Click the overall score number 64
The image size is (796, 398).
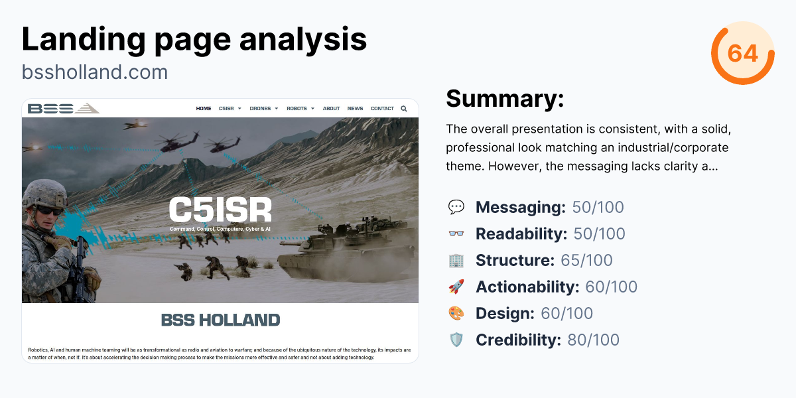[743, 53]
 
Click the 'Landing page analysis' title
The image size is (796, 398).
[194, 39]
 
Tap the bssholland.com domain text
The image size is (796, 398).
[95, 72]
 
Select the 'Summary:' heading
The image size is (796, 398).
[504, 98]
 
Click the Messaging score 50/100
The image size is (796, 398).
[598, 207]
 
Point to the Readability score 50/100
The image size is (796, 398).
[599, 233]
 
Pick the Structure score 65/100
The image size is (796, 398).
[586, 260]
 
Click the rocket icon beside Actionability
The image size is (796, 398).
[456, 287]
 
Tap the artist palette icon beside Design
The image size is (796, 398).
[456, 313]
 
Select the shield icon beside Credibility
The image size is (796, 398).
[456, 340]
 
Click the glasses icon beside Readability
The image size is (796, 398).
[456, 233]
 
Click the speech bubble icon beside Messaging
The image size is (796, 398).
[456, 207]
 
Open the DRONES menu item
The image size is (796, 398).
[263, 109]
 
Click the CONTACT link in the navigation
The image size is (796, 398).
[382, 109]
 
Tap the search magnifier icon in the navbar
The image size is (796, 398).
[404, 109]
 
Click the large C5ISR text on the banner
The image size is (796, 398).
[220, 210]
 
